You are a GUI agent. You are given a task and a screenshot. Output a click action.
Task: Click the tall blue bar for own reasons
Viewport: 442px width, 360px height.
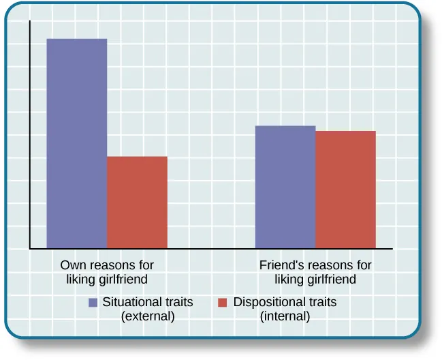[76, 143]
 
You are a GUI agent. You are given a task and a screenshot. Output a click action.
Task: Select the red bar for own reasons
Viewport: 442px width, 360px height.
[137, 202]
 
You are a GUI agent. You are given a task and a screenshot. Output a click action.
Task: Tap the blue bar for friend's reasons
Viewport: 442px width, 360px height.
[285, 187]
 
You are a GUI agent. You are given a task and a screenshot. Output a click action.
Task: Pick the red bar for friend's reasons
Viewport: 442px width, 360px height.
[345, 190]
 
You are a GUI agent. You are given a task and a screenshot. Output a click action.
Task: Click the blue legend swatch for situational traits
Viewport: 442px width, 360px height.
[93, 302]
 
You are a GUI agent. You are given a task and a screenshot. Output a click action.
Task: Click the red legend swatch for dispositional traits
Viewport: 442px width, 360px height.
[222, 302]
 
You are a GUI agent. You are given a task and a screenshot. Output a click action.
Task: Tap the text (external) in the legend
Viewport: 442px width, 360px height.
[148, 316]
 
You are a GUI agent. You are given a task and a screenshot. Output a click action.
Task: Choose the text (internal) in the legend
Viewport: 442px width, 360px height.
[285, 316]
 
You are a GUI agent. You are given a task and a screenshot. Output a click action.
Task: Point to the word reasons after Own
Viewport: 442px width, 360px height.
[106, 265]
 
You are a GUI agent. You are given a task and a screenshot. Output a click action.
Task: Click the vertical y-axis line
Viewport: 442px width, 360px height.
[30, 136]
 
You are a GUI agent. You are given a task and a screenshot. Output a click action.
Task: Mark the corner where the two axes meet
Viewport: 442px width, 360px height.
[30, 249]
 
